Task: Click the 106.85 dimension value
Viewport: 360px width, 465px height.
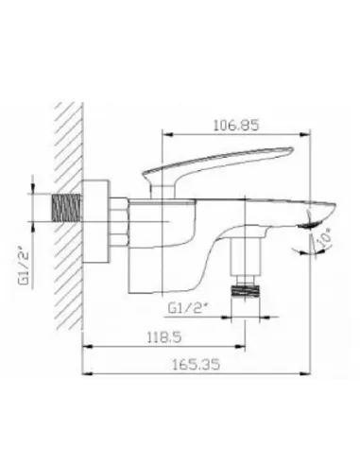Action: pos(236,126)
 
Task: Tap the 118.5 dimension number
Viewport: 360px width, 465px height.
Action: pos(164,337)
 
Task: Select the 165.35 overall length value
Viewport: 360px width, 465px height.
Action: pos(196,365)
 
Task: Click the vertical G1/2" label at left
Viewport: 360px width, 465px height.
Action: pos(25,267)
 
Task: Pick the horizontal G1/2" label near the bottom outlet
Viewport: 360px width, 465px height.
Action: pos(186,308)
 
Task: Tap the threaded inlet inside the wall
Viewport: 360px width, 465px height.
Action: pos(66,208)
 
